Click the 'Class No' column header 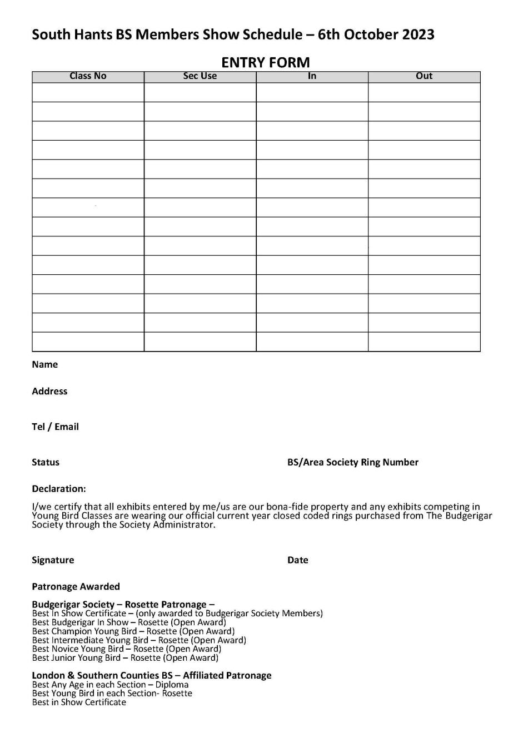coord(88,76)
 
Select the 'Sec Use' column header coord(200,76)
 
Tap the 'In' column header coord(312,76)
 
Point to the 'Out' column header coord(424,76)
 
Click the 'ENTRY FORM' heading coord(265,62)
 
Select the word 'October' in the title coord(370,34)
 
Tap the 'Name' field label coord(44,364)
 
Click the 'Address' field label coord(49,391)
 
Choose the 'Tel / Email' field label coord(55,427)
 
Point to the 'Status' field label coord(45,462)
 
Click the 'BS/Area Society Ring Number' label coord(352,462)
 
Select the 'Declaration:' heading coord(59,489)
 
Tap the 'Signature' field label coord(53,560)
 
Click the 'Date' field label coord(297,560)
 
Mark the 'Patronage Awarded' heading coord(76,586)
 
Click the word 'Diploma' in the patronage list coord(172,685)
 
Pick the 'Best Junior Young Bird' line coord(125,658)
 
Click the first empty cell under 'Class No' coord(88,92)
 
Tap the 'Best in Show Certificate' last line coord(79,703)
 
